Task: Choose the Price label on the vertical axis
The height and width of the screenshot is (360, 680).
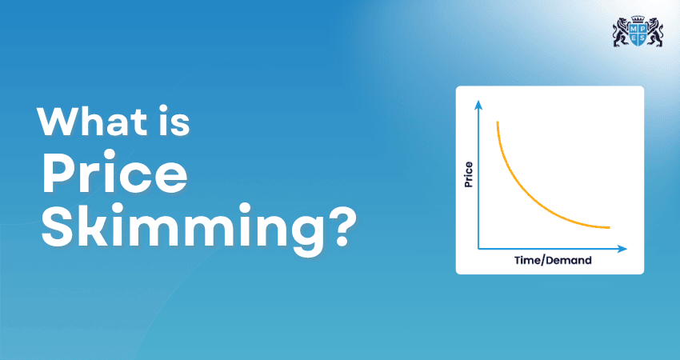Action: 469,174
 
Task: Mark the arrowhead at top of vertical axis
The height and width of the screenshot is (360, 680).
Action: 478,103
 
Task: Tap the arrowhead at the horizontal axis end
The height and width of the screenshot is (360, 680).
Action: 622,249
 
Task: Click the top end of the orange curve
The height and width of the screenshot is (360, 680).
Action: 498,122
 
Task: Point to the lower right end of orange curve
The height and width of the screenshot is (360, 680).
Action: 610,227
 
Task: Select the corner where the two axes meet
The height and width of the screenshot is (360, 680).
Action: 478,249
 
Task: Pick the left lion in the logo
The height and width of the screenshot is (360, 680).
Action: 620,33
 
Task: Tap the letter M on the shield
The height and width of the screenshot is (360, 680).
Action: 632,29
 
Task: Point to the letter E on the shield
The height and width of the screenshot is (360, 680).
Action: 632,38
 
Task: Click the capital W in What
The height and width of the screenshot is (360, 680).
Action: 56,122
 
